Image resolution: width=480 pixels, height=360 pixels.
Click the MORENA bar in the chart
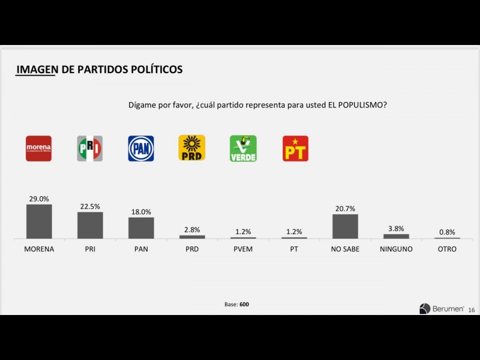(39, 221)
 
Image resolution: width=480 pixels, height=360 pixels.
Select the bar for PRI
(90, 225)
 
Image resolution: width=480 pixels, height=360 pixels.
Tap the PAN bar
(141, 228)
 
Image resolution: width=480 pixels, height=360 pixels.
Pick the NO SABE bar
(345, 226)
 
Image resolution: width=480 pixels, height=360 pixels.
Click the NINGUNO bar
(396, 236)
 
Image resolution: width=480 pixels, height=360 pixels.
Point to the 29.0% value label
(39, 199)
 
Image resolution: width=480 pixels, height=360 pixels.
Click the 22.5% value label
(90, 206)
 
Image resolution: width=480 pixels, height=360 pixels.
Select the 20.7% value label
(345, 209)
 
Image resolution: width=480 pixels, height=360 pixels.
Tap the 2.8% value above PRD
(192, 230)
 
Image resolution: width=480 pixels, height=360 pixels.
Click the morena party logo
(38, 148)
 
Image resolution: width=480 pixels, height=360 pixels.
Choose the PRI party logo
(90, 148)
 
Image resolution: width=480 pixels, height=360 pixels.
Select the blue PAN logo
(141, 148)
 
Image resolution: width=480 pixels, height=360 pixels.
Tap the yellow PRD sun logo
(192, 148)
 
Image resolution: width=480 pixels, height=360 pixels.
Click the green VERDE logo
(243, 148)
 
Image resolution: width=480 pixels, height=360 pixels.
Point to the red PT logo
(295, 148)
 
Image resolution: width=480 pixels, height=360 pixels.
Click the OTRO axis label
(447, 249)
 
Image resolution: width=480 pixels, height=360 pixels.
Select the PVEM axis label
(243, 249)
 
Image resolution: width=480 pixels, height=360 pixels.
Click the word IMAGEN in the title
(37, 70)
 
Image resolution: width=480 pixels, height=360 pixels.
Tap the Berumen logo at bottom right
(441, 308)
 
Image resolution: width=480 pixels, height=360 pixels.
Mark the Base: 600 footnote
(236, 304)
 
